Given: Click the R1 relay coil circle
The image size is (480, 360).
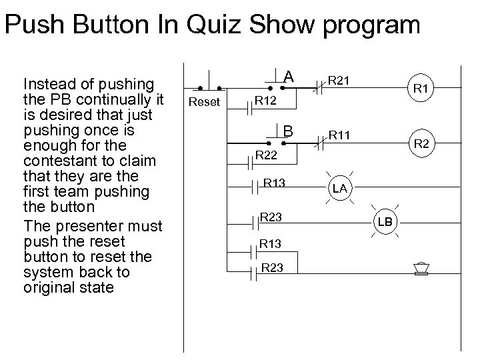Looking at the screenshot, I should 421,87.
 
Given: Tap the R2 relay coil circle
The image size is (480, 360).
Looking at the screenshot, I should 421,143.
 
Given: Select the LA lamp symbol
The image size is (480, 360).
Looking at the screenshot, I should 340,189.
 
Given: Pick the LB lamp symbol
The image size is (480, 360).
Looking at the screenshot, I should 386,221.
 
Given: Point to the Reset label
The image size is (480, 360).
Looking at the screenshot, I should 203,102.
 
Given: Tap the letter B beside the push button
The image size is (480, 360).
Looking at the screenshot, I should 288,130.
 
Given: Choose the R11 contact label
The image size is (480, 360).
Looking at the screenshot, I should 339,135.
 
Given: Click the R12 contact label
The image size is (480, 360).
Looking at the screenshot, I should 265,102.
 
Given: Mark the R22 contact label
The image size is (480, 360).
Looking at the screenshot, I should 266,156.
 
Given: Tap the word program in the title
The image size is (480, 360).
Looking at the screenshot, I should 371,25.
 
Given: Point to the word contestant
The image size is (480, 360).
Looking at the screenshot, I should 54,161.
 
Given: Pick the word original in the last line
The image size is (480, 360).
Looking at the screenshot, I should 47,288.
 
